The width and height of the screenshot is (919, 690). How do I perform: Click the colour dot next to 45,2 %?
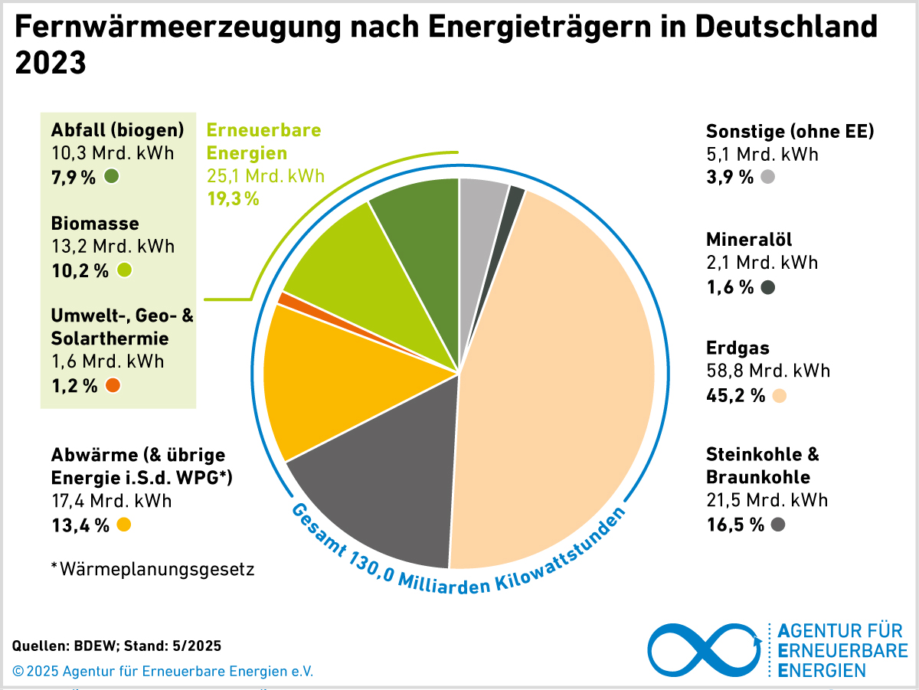point(780,396)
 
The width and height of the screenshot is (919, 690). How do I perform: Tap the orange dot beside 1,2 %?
point(113,385)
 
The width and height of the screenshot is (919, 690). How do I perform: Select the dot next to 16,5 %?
point(778,525)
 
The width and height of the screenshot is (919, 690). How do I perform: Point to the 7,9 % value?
point(74,178)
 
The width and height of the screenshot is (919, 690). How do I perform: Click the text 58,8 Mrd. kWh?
point(768,371)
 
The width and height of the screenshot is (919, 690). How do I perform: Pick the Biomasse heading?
point(95,224)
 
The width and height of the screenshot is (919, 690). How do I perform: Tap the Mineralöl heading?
point(749,239)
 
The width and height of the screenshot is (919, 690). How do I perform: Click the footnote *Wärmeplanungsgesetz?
point(152,569)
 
